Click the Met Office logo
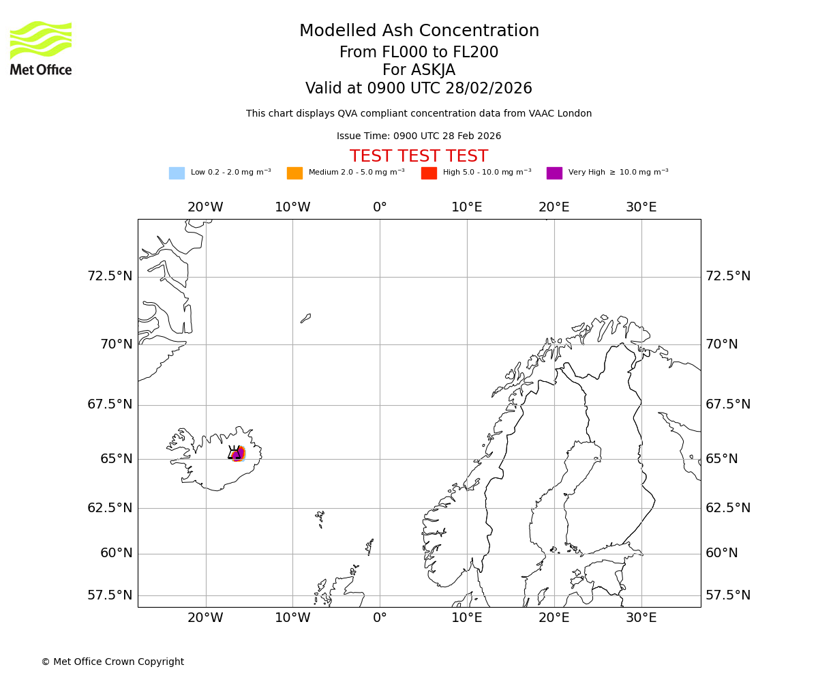(x=41, y=48)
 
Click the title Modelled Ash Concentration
(x=419, y=31)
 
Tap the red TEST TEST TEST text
(x=419, y=157)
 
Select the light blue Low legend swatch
(x=177, y=173)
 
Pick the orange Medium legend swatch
(x=294, y=173)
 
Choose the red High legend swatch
(x=429, y=173)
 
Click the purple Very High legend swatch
(x=554, y=173)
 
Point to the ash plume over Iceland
(x=238, y=454)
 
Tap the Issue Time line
(x=419, y=136)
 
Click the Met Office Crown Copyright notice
(x=112, y=662)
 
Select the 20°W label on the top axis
(x=205, y=207)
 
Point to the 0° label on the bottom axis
(x=380, y=618)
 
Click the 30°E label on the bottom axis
(x=641, y=618)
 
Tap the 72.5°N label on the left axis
(x=110, y=276)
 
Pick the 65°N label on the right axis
(x=721, y=459)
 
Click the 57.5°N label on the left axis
(x=110, y=595)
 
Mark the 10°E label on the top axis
(x=467, y=207)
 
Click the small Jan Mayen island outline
(x=306, y=318)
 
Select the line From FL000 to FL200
(x=419, y=53)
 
